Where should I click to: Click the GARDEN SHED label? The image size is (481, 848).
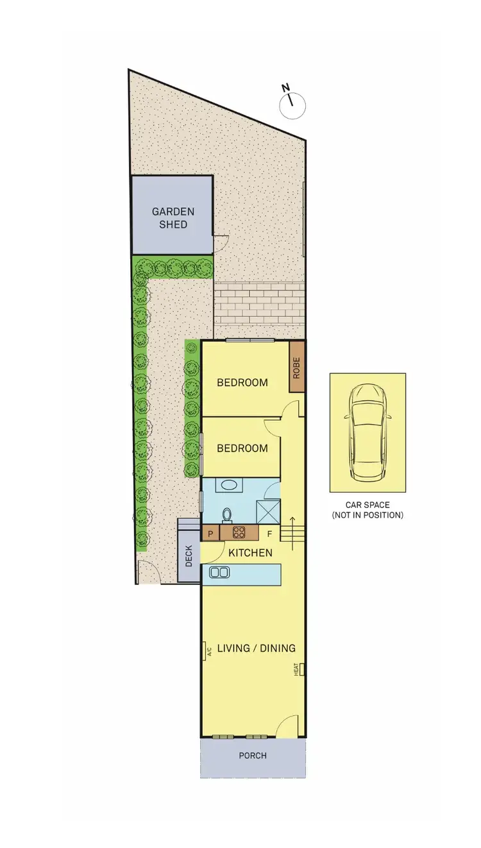pyautogui.click(x=173, y=218)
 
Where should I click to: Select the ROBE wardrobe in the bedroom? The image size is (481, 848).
pyautogui.click(x=296, y=375)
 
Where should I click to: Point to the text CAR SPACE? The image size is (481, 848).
pyautogui.click(x=367, y=505)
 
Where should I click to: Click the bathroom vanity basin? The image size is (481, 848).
pyautogui.click(x=226, y=485)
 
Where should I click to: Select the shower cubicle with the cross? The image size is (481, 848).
pyautogui.click(x=267, y=512)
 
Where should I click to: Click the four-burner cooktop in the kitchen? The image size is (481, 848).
pyautogui.click(x=239, y=532)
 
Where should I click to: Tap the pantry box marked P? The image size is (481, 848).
pyautogui.click(x=210, y=532)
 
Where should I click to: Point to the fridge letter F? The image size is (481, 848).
pyautogui.click(x=269, y=533)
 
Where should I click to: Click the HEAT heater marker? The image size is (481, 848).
pyautogui.click(x=298, y=670)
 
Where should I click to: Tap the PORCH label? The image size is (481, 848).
pyautogui.click(x=253, y=756)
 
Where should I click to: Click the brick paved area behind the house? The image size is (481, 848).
pyautogui.click(x=258, y=303)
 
